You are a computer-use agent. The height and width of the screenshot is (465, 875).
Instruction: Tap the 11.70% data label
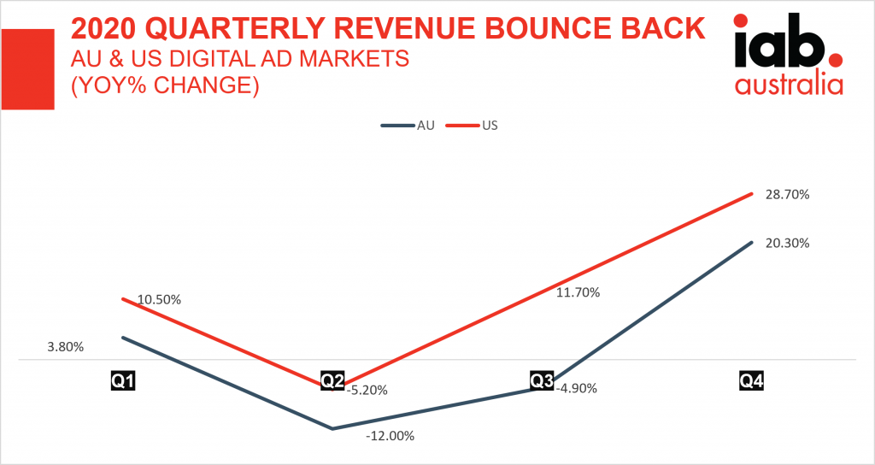click(x=578, y=292)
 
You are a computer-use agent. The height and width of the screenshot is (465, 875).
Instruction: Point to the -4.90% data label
click(x=576, y=388)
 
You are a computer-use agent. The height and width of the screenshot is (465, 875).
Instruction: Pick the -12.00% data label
click(x=389, y=436)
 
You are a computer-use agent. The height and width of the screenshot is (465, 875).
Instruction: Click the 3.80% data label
click(x=66, y=347)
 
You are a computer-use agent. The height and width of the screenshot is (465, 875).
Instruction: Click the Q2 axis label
click(x=332, y=380)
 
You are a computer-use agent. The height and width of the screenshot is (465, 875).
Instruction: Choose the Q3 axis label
click(x=542, y=380)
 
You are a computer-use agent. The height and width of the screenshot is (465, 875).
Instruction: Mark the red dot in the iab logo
click(x=836, y=60)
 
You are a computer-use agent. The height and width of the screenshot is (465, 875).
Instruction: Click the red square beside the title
click(x=28, y=68)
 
